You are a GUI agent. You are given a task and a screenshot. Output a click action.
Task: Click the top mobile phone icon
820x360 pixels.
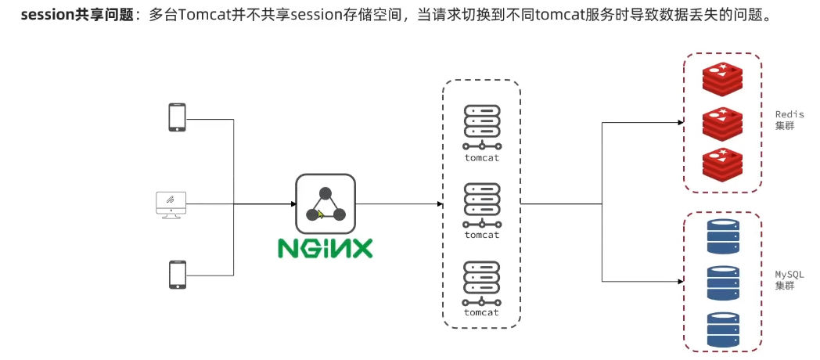click(x=177, y=117)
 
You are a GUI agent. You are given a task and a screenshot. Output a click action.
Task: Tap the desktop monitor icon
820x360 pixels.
click(x=171, y=204)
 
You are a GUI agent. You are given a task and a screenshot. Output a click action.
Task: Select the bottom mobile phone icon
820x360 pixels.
click(x=177, y=275)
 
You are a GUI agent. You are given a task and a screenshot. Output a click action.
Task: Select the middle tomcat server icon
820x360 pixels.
click(x=481, y=203)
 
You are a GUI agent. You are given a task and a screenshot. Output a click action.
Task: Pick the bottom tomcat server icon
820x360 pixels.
click(x=481, y=282)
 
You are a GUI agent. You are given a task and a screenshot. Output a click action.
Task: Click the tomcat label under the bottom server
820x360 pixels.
click(x=481, y=312)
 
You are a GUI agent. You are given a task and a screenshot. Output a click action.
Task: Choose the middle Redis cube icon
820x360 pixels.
click(x=721, y=123)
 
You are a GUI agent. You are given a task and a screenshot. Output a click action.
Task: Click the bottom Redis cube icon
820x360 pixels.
click(x=721, y=164)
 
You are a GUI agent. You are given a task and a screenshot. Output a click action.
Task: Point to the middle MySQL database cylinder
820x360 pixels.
click(x=722, y=282)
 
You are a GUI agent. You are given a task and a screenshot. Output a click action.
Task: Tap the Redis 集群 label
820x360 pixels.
click(x=789, y=120)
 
